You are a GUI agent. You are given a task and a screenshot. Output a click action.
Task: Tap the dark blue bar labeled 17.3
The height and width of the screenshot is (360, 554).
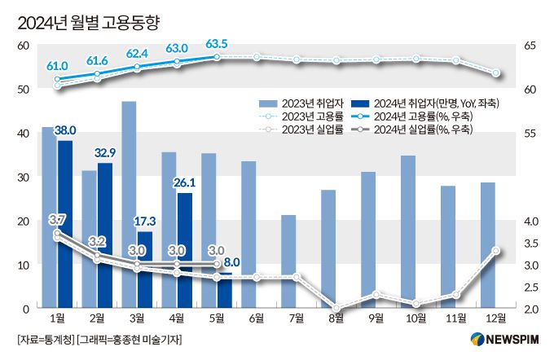(144, 269)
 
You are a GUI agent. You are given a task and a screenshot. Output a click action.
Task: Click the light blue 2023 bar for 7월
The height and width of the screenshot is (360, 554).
(288, 261)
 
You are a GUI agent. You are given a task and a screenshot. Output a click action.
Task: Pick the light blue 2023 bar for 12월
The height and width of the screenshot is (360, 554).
(488, 244)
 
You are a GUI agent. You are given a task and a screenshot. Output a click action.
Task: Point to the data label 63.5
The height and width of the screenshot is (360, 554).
(217, 44)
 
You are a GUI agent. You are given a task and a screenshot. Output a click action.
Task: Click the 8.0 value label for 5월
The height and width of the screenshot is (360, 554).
(231, 262)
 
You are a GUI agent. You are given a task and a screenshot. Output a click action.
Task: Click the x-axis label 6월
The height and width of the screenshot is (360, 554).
(257, 318)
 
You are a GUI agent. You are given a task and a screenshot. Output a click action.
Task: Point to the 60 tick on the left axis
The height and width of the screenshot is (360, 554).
(23, 46)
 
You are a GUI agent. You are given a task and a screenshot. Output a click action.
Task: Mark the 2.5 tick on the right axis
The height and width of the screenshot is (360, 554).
(530, 287)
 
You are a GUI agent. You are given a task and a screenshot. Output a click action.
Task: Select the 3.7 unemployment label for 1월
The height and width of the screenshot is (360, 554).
(57, 221)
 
